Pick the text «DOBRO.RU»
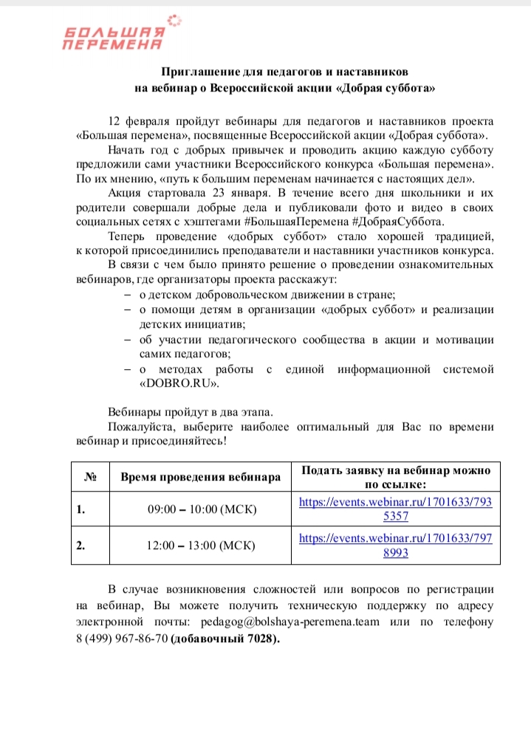click(x=179, y=384)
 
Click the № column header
click(x=90, y=477)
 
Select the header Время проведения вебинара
click(x=201, y=477)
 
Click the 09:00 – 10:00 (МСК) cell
click(x=202, y=509)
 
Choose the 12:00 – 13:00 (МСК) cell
click(x=202, y=546)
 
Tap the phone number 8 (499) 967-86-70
click(x=122, y=638)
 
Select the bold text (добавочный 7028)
click(x=225, y=638)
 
